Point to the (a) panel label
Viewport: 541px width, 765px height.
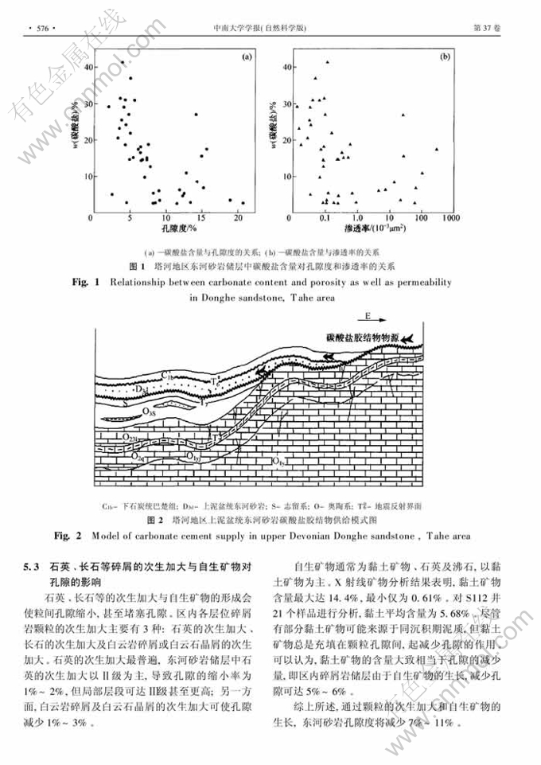click(x=247, y=57)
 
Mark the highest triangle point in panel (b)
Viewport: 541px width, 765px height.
click(x=327, y=62)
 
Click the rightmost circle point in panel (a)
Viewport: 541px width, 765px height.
click(x=242, y=202)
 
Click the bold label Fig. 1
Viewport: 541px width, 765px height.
click(x=87, y=283)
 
